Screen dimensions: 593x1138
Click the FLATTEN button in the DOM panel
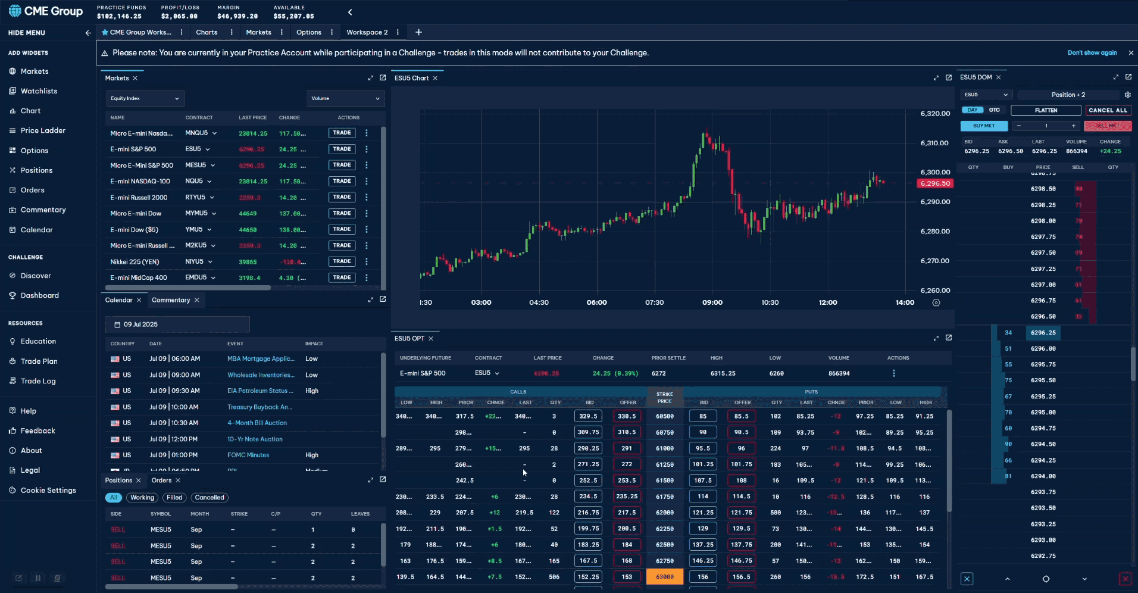[1046, 110]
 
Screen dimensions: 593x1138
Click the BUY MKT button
[984, 126]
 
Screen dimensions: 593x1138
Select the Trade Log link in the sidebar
[37, 381]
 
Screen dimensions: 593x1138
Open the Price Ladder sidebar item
[43, 130]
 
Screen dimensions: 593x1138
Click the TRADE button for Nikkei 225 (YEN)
[342, 261]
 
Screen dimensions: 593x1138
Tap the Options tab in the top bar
[308, 32]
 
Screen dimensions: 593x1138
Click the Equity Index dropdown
[145, 98]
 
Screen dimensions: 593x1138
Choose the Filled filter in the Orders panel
[174, 498]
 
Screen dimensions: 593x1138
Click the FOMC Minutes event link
[248, 455]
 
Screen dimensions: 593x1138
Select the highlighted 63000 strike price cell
[665, 576]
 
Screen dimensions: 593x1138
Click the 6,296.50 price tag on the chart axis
[935, 183]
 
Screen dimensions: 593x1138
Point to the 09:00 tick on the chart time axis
[712, 302]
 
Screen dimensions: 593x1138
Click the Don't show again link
[1092, 53]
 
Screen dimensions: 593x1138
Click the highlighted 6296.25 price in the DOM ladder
[1043, 333]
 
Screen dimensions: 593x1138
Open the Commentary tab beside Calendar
[171, 300]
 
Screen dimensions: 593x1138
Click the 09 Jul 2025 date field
[177, 324]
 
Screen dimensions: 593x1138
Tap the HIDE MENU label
[27, 33]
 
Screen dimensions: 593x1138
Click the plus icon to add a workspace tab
[418, 32]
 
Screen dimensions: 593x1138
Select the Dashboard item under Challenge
[39, 295]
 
